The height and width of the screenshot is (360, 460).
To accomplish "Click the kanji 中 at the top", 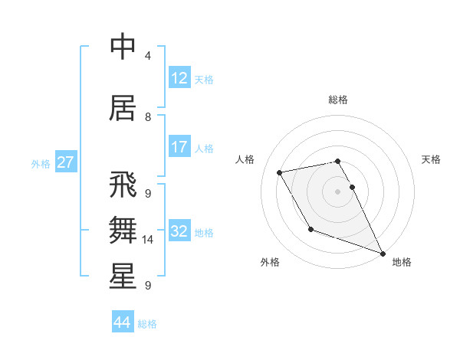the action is click(x=123, y=47).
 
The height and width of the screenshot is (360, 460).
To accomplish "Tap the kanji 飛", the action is click(x=123, y=185).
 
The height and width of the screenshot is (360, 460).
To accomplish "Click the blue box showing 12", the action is click(x=179, y=77).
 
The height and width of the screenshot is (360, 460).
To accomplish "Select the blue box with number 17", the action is click(x=179, y=147).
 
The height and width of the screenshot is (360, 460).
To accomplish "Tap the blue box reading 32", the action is click(x=179, y=231).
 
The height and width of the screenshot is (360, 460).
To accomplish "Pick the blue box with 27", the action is click(x=65, y=162).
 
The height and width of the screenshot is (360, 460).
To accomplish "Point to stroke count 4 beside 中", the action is click(x=147, y=56).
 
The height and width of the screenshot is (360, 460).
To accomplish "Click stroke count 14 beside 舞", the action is click(x=148, y=240).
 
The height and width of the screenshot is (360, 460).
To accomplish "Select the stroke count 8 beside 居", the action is click(x=147, y=117).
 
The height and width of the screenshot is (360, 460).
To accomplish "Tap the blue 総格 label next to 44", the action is click(x=147, y=324).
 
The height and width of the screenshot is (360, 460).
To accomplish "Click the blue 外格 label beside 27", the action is click(x=41, y=163).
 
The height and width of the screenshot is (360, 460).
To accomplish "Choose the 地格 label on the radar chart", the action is click(x=402, y=262).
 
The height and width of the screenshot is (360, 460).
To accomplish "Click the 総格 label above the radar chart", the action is click(x=338, y=100).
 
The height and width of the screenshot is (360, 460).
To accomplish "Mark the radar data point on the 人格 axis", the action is click(x=280, y=172).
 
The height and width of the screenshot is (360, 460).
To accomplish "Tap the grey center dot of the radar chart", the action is click(x=337, y=191).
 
